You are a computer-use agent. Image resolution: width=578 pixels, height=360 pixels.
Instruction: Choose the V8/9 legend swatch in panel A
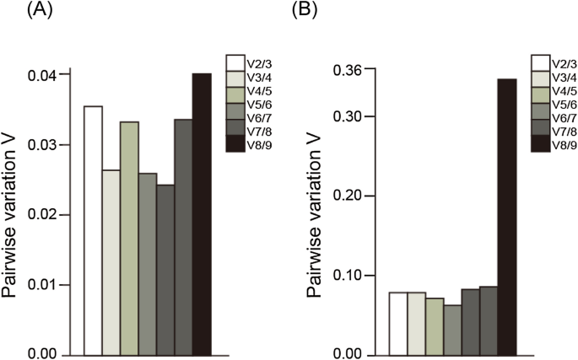point(235,146)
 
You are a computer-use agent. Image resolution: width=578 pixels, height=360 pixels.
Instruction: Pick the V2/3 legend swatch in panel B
point(541,62)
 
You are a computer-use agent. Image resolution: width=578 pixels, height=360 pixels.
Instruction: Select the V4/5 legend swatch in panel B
point(541,90)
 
